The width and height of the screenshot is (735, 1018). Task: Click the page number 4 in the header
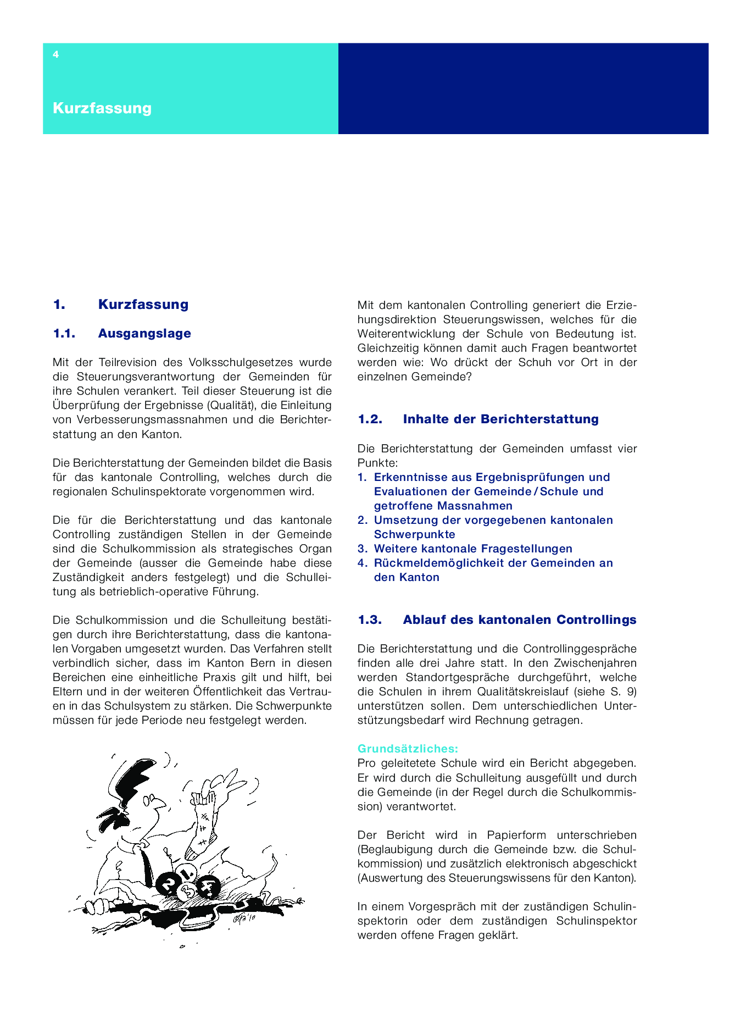pyautogui.click(x=55, y=54)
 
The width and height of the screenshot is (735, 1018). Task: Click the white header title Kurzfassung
pyautogui.click(x=102, y=108)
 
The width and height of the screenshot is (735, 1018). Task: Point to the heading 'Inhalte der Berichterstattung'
pyautogui.click(x=500, y=419)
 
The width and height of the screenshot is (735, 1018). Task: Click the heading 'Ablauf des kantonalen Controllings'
pyautogui.click(x=519, y=620)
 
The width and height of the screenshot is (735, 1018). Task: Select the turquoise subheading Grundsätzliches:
pyautogui.click(x=408, y=749)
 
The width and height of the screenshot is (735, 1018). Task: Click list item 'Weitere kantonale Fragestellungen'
pyautogui.click(x=473, y=549)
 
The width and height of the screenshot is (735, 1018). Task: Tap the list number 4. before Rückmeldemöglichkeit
pyautogui.click(x=363, y=563)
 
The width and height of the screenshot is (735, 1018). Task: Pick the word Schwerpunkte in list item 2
pyautogui.click(x=414, y=534)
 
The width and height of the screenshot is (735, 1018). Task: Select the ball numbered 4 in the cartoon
pyautogui.click(x=209, y=886)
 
